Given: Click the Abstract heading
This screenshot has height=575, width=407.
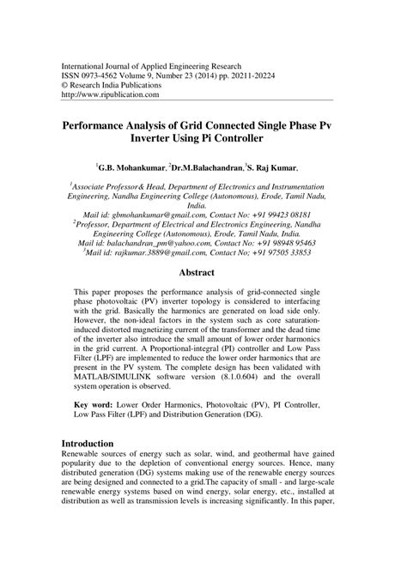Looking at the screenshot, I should tap(203, 274).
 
